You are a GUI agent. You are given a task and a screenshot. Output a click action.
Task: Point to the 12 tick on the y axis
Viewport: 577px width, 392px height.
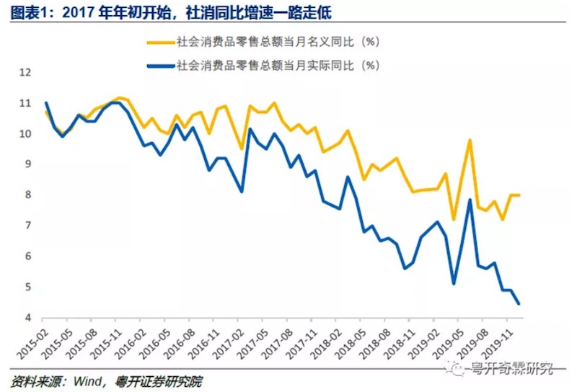tap(26, 73)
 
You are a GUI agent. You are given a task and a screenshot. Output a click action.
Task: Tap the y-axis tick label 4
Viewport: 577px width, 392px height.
tap(28, 318)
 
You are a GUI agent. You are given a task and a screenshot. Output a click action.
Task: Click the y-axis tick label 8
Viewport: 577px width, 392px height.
tap(28, 195)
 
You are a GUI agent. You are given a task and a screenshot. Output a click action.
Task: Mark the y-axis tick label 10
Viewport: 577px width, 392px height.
tap(26, 134)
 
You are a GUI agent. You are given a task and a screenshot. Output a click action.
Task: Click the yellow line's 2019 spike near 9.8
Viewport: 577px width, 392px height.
tap(470, 141)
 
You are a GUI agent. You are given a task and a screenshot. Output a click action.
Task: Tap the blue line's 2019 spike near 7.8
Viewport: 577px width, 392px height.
tap(470, 200)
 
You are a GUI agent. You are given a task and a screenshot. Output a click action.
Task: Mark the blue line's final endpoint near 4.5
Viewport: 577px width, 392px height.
tap(519, 303)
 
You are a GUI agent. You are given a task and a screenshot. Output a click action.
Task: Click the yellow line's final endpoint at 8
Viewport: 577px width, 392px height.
tap(519, 195)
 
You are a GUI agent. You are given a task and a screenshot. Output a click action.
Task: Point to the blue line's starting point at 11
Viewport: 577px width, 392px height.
tap(45, 103)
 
